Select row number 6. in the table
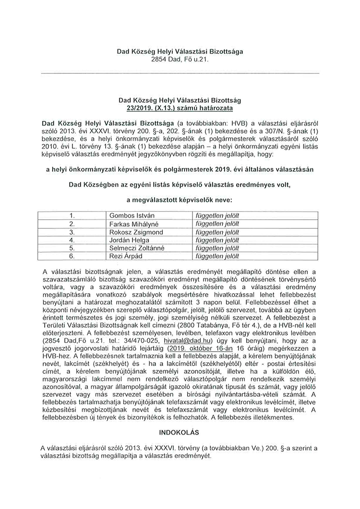(72, 256)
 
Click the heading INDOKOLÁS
(180, 431)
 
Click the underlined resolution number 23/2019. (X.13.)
(150, 109)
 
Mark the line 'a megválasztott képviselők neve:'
(180, 199)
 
